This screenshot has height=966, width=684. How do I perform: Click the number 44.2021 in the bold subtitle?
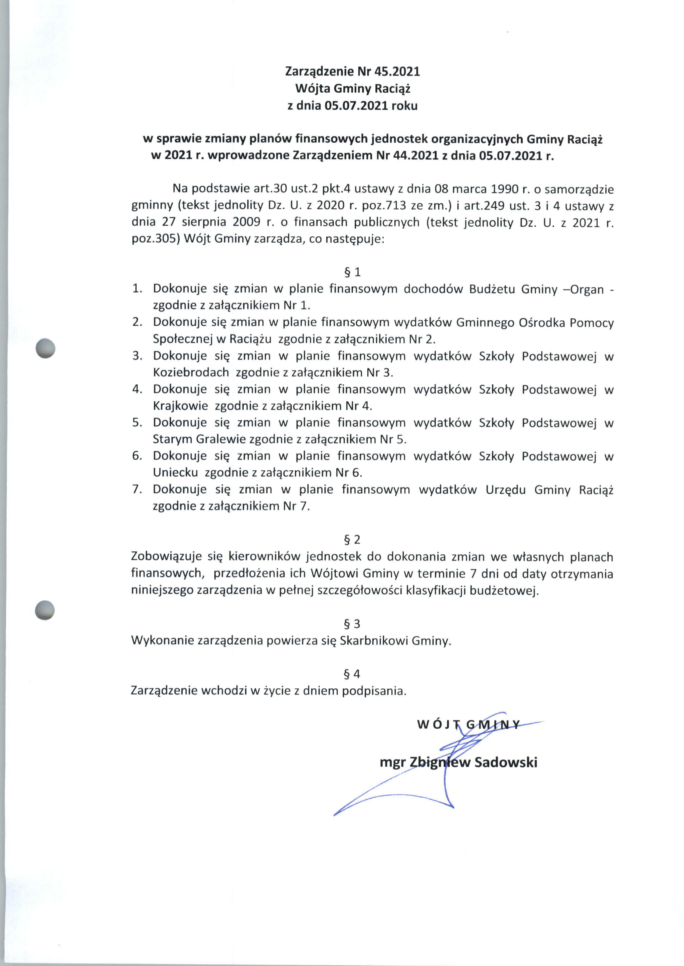[415, 156]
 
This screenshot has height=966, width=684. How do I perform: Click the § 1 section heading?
[352, 272]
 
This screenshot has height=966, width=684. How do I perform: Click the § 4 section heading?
[352, 674]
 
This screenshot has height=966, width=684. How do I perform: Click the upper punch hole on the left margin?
[46, 348]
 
